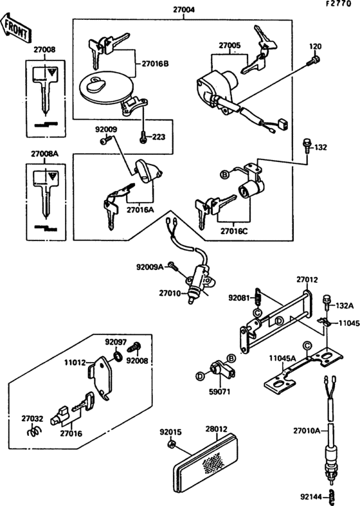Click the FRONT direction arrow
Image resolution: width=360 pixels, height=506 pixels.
coord(17,28)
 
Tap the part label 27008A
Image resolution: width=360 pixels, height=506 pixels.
coord(44,154)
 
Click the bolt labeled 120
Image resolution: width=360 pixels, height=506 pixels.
coord(313,62)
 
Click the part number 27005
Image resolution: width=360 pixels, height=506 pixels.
coord(229,46)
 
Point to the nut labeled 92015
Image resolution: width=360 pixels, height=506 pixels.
coord(171,444)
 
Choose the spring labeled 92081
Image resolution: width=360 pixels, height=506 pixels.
coord(258,297)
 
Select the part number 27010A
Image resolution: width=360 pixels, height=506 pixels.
coord(307,430)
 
